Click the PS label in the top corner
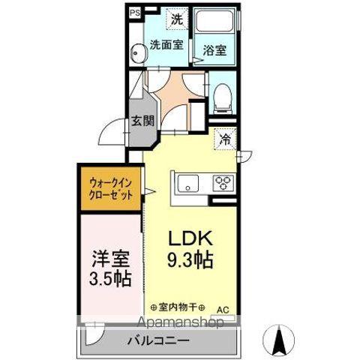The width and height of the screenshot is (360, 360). (x=134, y=13)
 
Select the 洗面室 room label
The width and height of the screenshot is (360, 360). (x=166, y=44)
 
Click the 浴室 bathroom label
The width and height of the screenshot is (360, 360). (x=215, y=50)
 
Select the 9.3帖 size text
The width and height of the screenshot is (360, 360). (x=190, y=261)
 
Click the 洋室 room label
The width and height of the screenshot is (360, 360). (x=109, y=259)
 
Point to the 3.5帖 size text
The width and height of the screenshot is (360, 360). (x=109, y=279)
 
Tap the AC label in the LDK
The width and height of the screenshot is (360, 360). (x=223, y=308)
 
